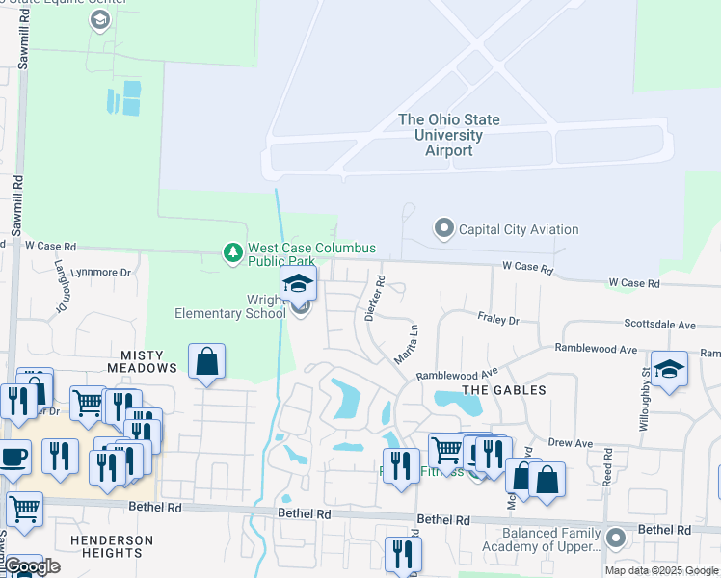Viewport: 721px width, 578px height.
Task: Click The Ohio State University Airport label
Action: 449,135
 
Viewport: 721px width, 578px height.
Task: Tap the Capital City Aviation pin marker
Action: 443,228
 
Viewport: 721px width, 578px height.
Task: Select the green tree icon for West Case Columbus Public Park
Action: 231,252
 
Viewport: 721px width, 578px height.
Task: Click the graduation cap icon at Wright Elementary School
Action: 299,283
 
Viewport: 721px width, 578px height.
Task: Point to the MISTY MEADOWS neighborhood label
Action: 148,361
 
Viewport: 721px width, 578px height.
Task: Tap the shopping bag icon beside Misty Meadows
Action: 207,362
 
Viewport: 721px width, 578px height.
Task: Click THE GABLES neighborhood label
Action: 503,390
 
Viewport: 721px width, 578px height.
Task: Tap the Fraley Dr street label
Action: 498,318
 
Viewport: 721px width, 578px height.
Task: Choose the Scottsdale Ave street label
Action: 659,326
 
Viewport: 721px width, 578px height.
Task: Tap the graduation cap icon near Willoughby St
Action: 669,369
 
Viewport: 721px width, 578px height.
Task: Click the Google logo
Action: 32,566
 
